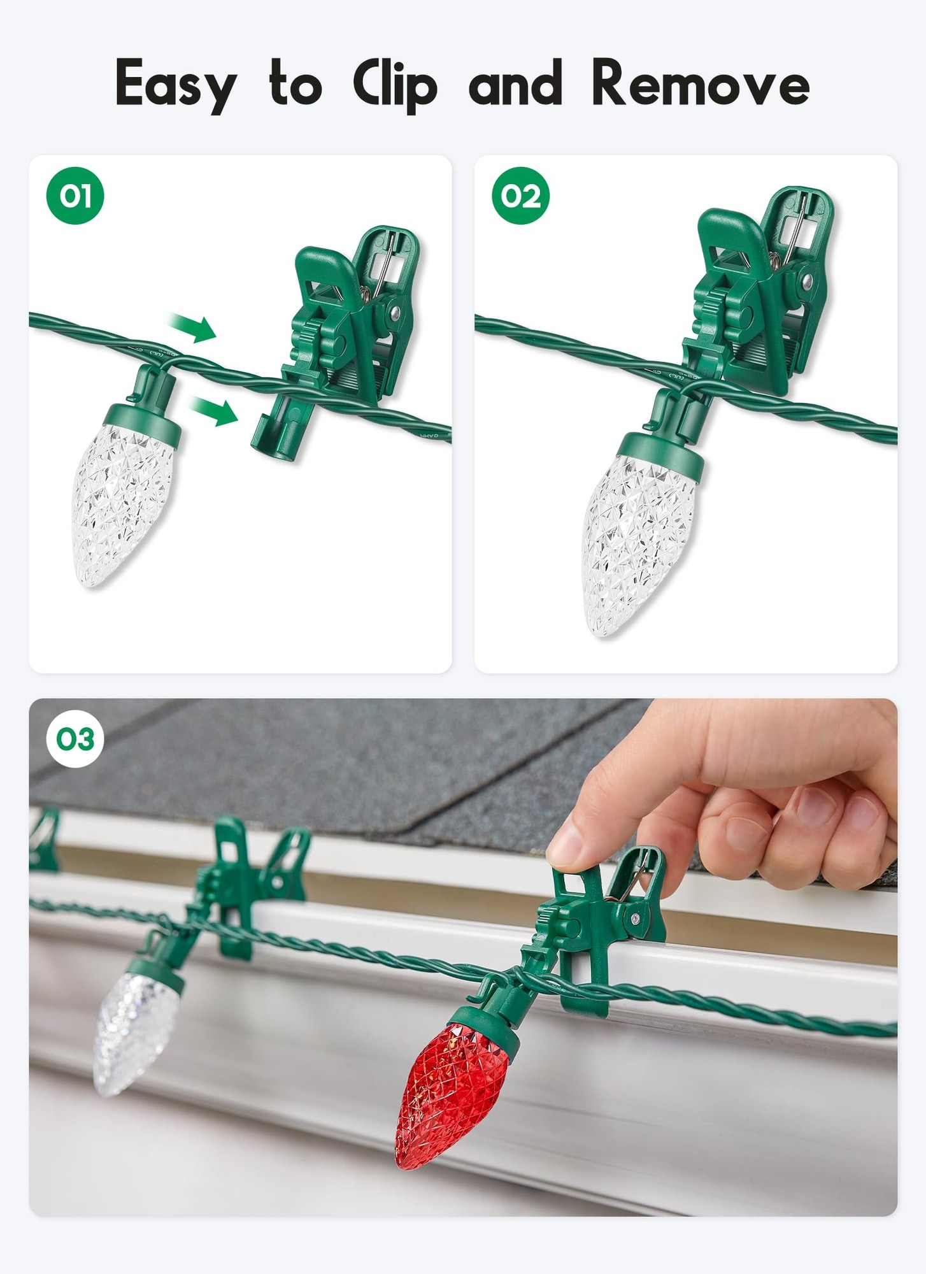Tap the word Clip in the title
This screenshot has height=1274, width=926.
395,85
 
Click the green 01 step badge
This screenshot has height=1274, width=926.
75,196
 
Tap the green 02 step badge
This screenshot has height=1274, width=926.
520,196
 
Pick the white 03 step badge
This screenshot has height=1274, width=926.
75,739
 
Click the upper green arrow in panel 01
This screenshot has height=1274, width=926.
192,327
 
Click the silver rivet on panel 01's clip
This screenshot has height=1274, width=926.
395,312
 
